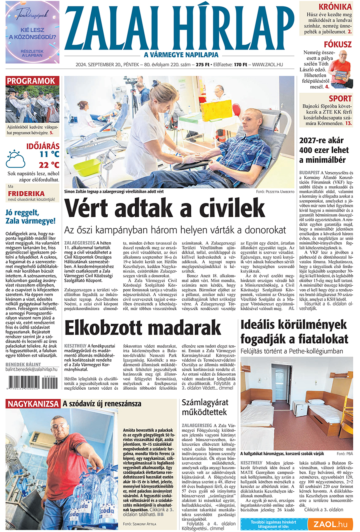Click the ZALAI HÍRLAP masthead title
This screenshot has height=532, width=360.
coord(179,28)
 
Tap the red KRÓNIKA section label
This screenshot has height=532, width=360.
coord(335,7)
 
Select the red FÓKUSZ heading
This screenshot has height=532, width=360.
coord(338,44)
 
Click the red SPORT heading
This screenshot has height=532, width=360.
coord(340,98)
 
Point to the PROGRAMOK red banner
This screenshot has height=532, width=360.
coord(31,81)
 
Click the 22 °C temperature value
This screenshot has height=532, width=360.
coord(49,165)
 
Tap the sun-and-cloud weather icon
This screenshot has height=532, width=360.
coord(16,159)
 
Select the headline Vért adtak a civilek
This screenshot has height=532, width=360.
coord(164,208)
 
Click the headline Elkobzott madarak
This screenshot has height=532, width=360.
coord(143,328)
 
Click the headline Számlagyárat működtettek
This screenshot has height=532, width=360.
coord(205,407)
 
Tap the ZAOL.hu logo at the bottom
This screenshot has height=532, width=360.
coord(330,524)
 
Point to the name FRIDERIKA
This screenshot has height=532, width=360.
coord(26,193)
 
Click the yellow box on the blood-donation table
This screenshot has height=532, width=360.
coord(216,109)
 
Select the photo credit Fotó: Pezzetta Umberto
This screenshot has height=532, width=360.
coord(275,192)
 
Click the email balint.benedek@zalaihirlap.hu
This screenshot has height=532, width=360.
coord(31,370)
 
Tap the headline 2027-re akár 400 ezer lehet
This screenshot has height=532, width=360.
coord(324,150)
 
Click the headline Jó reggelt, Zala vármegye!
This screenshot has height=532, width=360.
coord(30,217)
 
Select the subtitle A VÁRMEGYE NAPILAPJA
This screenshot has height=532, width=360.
coord(181,55)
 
